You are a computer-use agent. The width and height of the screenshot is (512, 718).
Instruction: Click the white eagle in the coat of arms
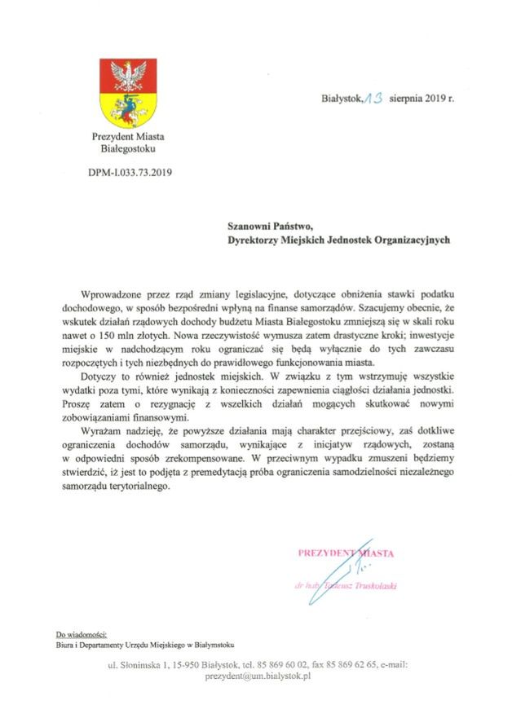pos(127,77)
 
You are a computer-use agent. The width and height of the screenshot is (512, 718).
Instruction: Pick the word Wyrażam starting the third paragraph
pos(104,429)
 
